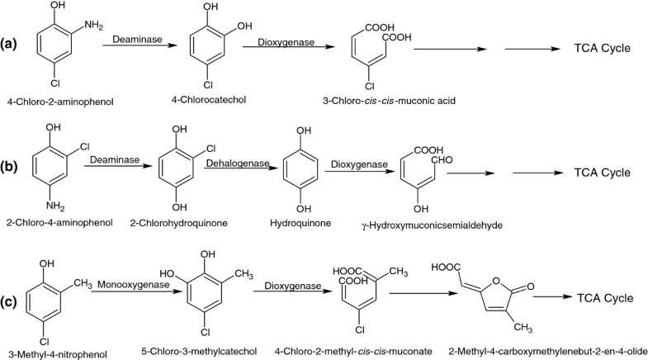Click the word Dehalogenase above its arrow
click(x=239, y=163)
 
